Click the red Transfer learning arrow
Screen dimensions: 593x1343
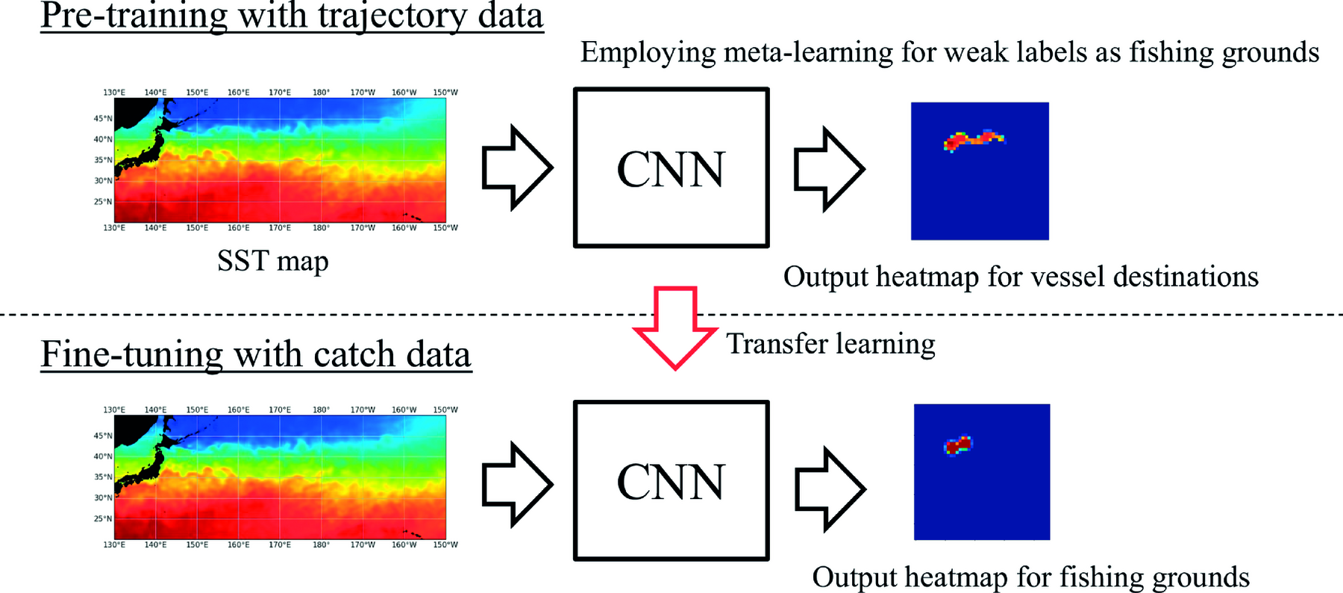tap(675, 328)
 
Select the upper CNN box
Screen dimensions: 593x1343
tap(671, 168)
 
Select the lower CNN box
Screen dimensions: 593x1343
tap(671, 481)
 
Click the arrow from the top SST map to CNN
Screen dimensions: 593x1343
tap(517, 167)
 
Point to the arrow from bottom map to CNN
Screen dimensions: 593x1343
tap(517, 484)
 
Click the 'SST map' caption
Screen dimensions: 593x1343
tap(272, 261)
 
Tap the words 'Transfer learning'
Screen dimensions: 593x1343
tap(830, 344)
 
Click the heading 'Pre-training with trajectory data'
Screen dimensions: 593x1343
tap(292, 16)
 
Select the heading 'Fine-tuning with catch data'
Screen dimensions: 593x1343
tap(256, 354)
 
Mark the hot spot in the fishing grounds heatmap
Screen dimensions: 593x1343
tap(958, 445)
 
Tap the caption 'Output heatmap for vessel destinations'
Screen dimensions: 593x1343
tap(1021, 277)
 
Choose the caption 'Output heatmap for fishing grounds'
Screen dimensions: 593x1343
tap(1030, 577)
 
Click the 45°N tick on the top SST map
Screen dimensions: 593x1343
tap(103, 119)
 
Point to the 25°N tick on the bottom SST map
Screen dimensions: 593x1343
tap(103, 518)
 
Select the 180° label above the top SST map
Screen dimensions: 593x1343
tap(321, 92)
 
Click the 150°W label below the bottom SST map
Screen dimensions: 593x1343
tap(445, 545)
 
